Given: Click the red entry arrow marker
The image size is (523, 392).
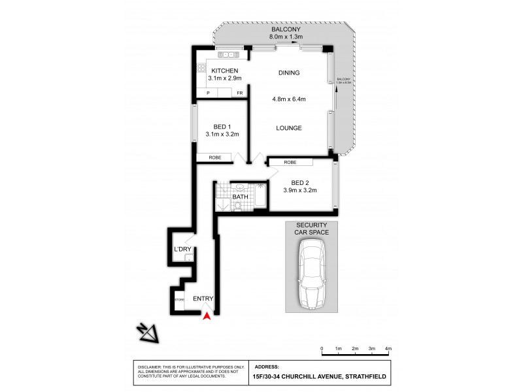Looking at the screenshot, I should click(207, 316).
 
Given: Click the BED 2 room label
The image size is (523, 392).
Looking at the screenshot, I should click(299, 183).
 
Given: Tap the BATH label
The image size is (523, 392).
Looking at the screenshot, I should click(240, 197).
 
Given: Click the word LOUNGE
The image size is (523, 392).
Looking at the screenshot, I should click(289, 128).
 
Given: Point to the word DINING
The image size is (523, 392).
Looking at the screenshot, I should click(289, 73).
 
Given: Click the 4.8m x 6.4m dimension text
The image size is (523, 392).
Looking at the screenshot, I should click(289, 99).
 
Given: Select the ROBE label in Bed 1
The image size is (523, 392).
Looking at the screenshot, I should click(215, 157).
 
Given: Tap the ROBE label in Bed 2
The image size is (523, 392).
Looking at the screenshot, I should click(290, 162).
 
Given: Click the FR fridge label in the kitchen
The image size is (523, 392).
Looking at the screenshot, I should click(240, 93).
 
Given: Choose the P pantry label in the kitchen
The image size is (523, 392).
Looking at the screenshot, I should click(208, 93).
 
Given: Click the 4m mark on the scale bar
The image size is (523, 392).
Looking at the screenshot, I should click(388, 350).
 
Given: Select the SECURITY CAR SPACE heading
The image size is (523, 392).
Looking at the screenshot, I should click(312, 229).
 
